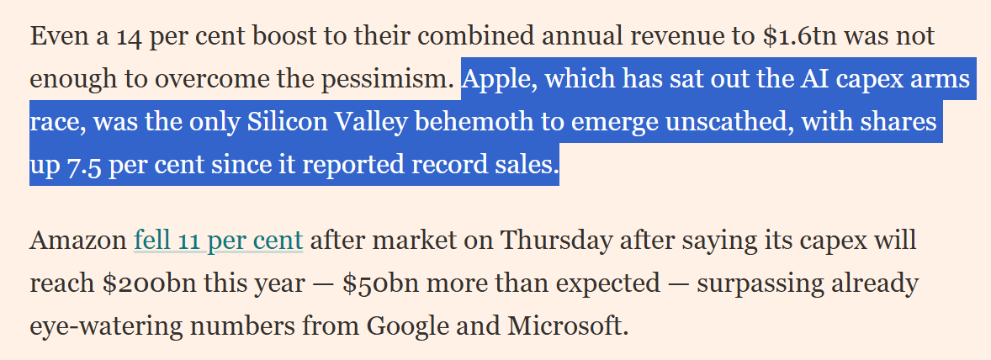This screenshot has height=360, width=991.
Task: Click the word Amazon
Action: tap(77, 241)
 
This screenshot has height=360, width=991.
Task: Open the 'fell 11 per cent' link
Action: tap(218, 241)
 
